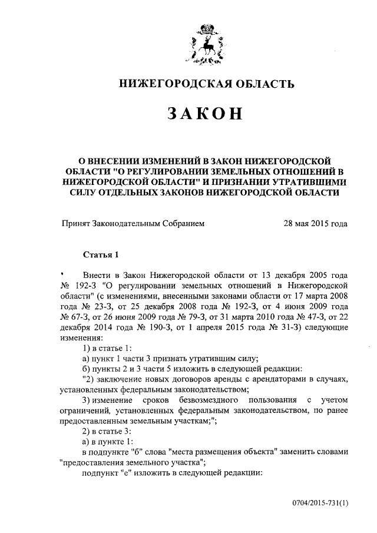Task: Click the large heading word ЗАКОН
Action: (204, 114)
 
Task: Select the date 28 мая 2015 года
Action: (315, 223)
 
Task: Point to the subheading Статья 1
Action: (101, 255)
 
